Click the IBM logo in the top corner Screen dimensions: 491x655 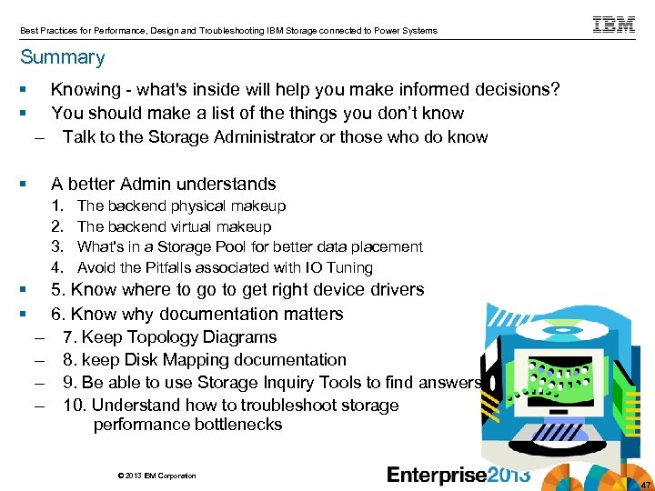point(614,25)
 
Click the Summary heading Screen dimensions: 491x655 point(63,57)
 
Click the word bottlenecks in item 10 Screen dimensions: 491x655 point(234,425)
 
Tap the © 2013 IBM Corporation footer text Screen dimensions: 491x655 point(156,476)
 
